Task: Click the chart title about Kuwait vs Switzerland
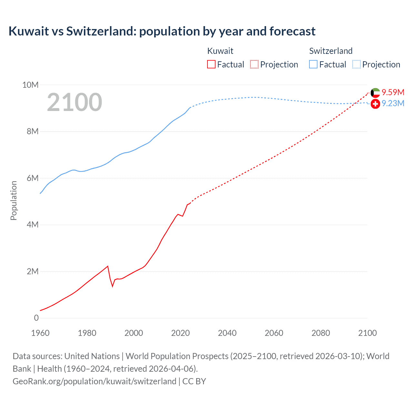click(162, 31)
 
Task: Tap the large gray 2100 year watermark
click(75, 102)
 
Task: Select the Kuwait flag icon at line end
click(375, 93)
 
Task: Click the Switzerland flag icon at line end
click(375, 104)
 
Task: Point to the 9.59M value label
click(393, 92)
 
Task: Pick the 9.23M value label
click(393, 103)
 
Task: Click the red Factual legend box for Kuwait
click(211, 65)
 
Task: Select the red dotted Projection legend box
click(254, 65)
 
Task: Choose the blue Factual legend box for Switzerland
click(313, 65)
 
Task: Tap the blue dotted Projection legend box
click(357, 65)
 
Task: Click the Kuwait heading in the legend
click(220, 51)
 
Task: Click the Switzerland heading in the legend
click(331, 51)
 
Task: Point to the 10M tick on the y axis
click(30, 85)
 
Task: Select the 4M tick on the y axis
click(32, 225)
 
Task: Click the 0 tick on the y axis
click(36, 318)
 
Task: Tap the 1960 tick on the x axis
click(40, 333)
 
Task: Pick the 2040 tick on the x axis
click(227, 333)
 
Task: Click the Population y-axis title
click(14, 200)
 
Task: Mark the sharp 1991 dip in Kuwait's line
click(113, 286)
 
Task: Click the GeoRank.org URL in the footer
click(95, 381)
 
